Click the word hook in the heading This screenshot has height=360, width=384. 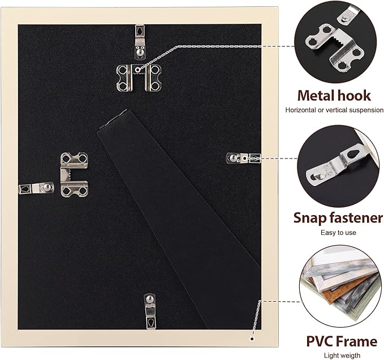(353, 96)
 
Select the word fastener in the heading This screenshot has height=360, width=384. (356, 218)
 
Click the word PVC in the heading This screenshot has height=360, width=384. (318, 341)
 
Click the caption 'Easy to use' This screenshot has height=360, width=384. (338, 233)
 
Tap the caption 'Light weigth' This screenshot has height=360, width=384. (342, 355)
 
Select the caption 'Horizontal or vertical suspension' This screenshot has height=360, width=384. (334, 110)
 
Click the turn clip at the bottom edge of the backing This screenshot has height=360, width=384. (150, 311)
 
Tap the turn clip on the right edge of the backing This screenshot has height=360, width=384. (243, 158)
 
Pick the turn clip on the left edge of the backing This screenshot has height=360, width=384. (36, 188)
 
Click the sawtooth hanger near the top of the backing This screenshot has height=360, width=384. (139, 78)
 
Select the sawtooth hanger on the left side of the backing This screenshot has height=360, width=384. (74, 174)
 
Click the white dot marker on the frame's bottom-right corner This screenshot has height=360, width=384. (252, 339)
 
